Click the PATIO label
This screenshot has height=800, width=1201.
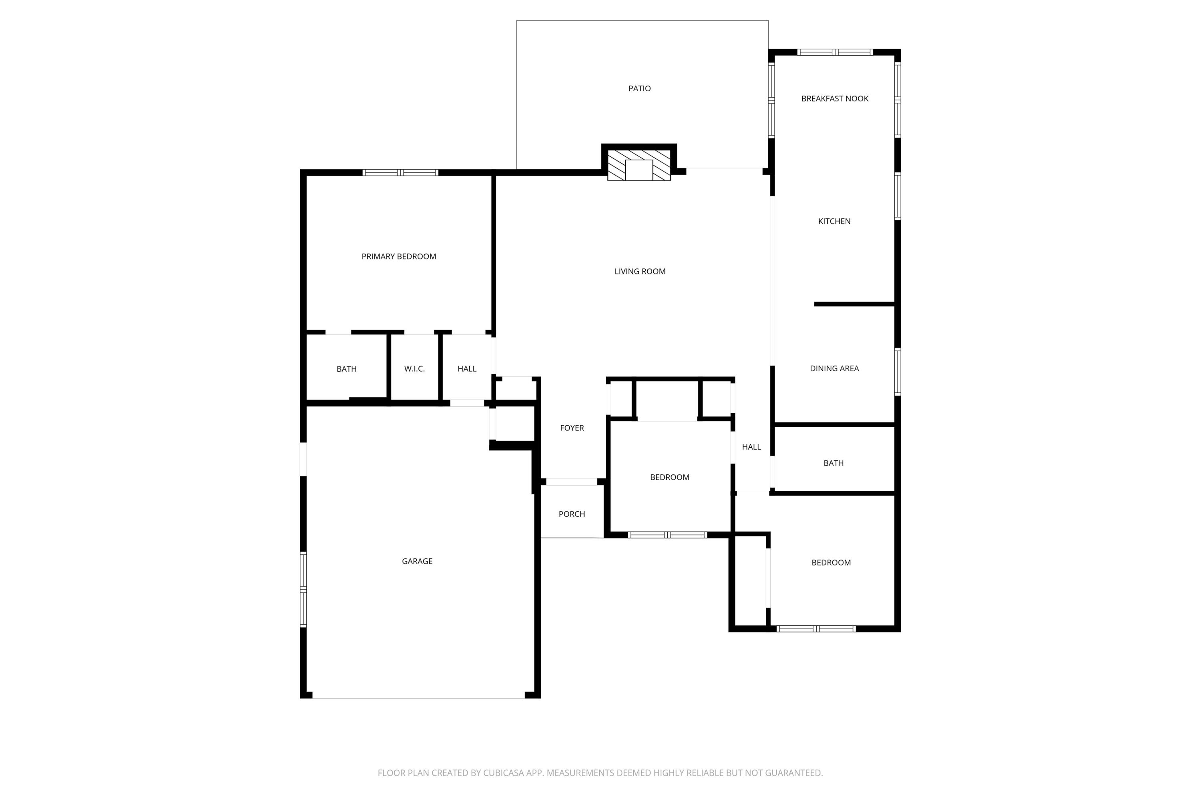639,89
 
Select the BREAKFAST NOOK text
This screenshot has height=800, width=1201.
834,99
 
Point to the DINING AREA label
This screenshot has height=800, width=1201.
834,368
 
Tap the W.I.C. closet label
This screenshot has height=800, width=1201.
414,369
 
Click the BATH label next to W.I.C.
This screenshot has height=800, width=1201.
346,369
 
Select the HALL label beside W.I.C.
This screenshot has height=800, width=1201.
467,369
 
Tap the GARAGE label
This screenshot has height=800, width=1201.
417,561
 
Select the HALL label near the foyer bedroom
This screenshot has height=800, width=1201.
751,447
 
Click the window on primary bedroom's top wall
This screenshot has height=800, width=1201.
400,173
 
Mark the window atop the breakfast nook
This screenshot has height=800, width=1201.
834,52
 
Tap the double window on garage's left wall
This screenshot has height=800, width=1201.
303,589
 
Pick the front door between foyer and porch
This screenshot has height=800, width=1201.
571,482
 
